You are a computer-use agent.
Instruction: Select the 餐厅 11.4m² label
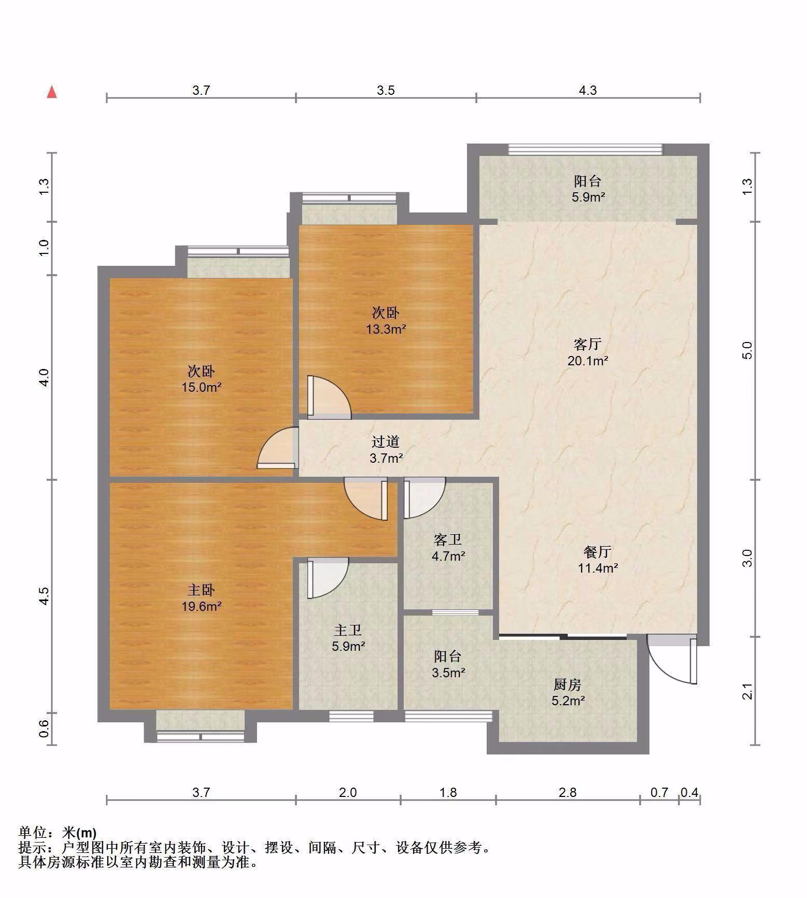click(x=598, y=560)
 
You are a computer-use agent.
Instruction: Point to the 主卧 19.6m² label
click(x=201, y=598)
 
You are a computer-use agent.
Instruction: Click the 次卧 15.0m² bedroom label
click(x=201, y=379)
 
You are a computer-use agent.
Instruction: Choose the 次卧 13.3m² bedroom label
click(x=386, y=321)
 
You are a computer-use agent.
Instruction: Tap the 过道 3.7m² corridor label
click(x=386, y=450)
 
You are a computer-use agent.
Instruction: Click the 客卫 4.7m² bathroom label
click(x=448, y=548)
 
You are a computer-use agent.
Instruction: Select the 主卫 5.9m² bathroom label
click(x=348, y=638)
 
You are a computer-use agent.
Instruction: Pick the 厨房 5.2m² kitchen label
click(x=568, y=693)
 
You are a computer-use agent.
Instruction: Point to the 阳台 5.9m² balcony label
click(x=588, y=189)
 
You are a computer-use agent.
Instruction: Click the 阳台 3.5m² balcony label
click(x=448, y=664)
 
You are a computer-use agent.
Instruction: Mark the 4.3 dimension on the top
click(x=587, y=90)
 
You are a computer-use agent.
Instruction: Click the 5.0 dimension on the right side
click(x=747, y=350)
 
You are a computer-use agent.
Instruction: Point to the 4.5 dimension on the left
click(x=45, y=596)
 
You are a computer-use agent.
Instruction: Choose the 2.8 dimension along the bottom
click(x=568, y=792)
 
